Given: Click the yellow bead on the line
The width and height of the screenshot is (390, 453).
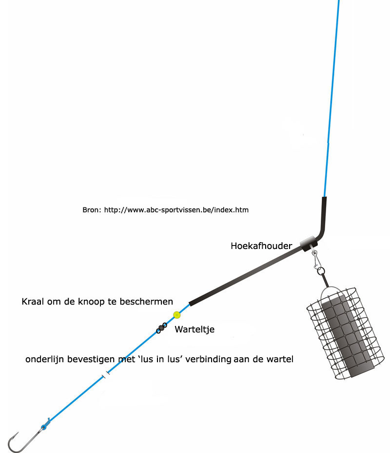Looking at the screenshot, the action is coord(177,315).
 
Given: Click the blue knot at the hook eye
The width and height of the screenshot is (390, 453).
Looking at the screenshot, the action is coord(44,427).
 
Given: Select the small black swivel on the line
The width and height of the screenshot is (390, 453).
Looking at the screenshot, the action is coord(161,328).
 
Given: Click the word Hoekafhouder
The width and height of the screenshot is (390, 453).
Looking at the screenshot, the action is coord(261,246).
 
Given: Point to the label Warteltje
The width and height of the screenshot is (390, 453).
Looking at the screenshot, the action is coord(195,329).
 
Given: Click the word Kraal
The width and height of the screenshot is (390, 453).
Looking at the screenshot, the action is coord(33,302).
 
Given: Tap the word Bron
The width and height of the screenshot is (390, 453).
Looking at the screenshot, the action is coord(91,210).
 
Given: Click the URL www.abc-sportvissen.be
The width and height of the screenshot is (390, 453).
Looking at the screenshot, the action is coord(169,210).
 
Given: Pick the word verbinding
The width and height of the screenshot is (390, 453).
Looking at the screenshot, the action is coord(208,359).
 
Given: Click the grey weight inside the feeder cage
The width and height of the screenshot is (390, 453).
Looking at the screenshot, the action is coord(348,336).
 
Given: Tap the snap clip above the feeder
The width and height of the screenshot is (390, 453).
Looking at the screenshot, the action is coord(316,259).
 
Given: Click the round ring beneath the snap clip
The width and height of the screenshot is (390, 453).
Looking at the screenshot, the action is coord(321,271).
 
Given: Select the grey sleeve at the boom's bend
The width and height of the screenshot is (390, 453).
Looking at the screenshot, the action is coord(308,243).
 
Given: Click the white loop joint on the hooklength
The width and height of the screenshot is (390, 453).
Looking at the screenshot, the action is coord(106,375).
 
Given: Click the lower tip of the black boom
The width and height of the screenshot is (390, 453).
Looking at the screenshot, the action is coord(190,304).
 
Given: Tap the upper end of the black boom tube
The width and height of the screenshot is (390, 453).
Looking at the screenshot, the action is coord(325,198).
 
